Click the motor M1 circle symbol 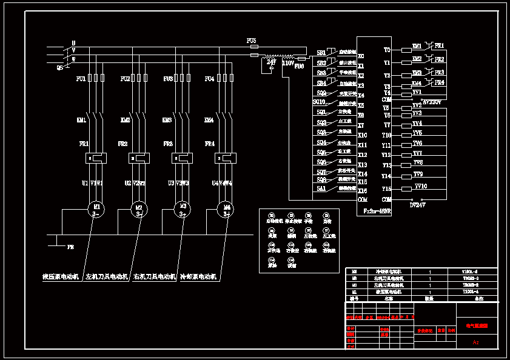96,210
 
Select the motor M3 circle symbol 182,210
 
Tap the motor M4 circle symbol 225,210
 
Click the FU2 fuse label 125,79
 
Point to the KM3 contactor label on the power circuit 167,120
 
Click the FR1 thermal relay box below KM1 96,158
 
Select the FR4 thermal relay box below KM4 226,158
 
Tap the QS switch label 59,67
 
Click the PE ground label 70,247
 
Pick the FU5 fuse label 252,40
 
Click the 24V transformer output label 271,62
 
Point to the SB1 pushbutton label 321,53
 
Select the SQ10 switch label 319,102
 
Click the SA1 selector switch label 321,188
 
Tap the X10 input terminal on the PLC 363,135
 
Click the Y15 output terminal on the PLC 386,188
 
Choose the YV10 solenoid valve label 420,186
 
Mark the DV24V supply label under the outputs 418,204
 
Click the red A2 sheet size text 476,342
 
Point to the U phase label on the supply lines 73,43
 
